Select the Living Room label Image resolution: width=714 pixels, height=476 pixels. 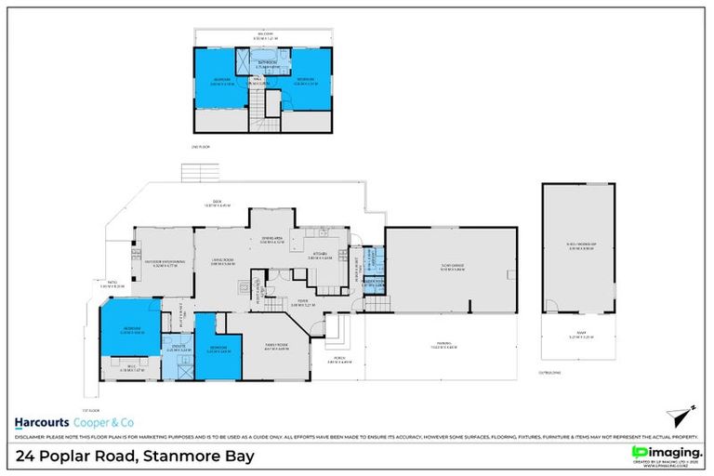220,261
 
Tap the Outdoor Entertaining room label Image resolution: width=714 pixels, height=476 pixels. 164,261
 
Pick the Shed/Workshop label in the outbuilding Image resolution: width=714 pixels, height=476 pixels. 579,247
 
